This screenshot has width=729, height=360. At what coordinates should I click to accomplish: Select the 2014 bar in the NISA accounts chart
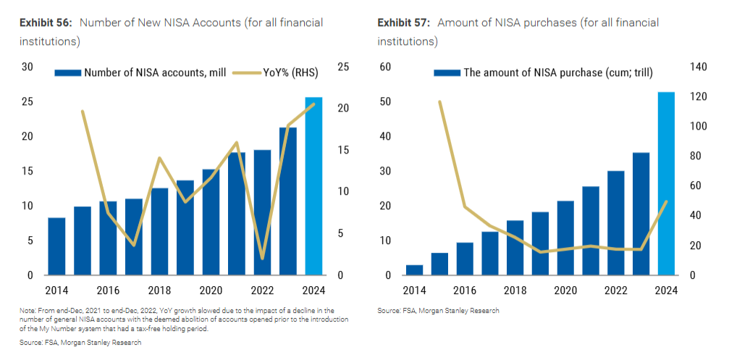[56, 246]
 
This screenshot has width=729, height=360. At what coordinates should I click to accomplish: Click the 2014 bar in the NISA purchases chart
[414, 270]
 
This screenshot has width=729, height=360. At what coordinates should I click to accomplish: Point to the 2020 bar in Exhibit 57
[565, 238]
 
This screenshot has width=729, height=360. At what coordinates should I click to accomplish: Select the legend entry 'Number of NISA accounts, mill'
[148, 72]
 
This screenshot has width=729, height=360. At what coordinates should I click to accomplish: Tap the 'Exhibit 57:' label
[404, 23]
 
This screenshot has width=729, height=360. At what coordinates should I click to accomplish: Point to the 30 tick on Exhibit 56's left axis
[28, 67]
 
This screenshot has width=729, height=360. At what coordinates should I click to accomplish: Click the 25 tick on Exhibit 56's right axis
[344, 67]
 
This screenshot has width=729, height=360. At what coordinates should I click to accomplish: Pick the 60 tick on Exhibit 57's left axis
[386, 67]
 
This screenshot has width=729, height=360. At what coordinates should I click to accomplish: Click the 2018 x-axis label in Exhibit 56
[159, 290]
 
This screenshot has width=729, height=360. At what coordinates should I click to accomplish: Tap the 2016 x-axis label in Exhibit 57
[464, 290]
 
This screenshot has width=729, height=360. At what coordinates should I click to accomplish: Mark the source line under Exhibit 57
[438, 311]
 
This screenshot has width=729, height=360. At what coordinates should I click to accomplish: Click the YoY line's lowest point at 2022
[262, 259]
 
